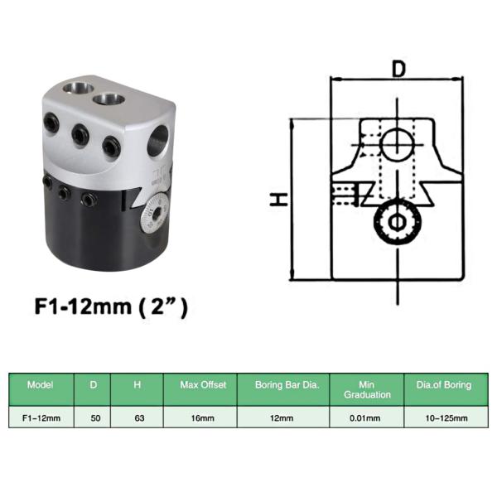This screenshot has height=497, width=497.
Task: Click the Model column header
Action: (x=40, y=385)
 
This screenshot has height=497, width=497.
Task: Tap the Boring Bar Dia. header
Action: (x=282, y=385)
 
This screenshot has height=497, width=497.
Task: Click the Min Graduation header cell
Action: (x=367, y=389)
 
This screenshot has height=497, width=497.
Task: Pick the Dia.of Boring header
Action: (x=449, y=385)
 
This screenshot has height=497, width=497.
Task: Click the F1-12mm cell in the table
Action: (x=40, y=418)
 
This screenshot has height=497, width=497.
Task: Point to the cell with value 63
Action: (x=138, y=418)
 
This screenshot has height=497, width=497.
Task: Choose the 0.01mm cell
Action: (x=367, y=418)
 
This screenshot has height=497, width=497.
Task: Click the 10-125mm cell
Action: (x=449, y=418)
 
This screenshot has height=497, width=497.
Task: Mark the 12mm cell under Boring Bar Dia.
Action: (x=282, y=418)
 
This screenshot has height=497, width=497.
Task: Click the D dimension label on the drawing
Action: (x=398, y=70)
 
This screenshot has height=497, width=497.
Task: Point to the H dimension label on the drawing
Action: (x=282, y=199)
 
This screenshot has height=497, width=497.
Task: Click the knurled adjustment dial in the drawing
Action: (x=396, y=222)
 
